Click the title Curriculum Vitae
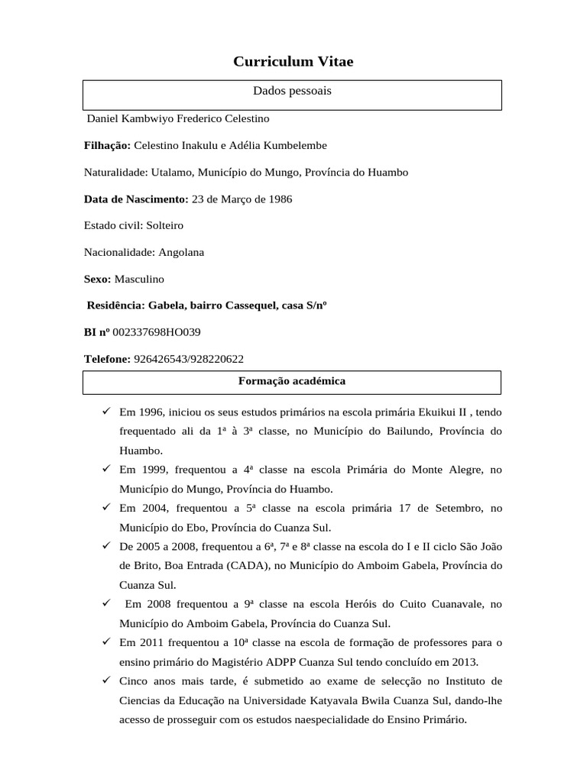coord(293,62)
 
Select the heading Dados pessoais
coord(292,91)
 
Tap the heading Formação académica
coord(292,380)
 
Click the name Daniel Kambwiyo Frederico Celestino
coord(178,119)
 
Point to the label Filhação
coord(107,145)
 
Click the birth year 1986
coord(278,199)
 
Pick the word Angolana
coord(181,252)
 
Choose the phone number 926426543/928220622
coord(189,359)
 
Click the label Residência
coord(115,305)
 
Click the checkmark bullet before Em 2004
coord(106,507)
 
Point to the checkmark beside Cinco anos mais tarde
coord(106,680)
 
